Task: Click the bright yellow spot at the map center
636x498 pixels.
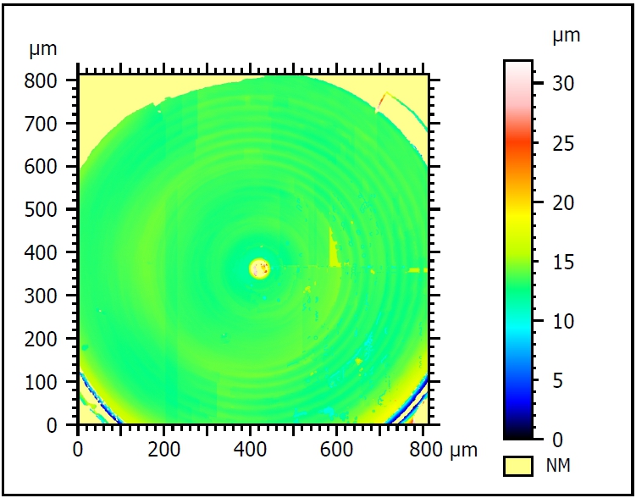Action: tap(259, 269)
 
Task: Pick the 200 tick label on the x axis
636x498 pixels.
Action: tap(165, 449)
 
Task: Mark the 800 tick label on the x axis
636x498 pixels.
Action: tap(424, 449)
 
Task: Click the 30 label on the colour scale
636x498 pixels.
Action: tap(563, 83)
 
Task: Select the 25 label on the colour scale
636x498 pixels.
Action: tap(563, 143)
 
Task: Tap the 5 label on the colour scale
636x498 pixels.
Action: tap(558, 380)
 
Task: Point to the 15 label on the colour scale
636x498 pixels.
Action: tap(563, 262)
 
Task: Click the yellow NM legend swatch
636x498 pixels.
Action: tap(517, 465)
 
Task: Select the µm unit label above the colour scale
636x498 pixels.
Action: tap(566, 36)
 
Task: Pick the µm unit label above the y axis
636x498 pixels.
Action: tap(43, 48)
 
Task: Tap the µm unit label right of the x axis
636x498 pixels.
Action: tap(464, 449)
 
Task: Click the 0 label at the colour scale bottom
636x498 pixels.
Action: tap(558, 440)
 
